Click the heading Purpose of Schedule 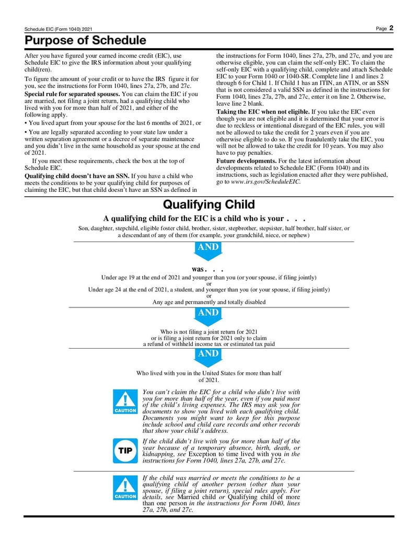(x=85, y=40)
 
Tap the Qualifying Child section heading (x=209, y=204)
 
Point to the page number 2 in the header (x=391, y=28)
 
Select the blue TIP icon (x=125, y=451)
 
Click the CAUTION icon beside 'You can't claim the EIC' (x=125, y=402)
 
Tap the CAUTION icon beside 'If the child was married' (x=125, y=489)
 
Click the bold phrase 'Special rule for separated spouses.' (x=72, y=94)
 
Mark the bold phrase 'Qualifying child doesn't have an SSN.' (x=77, y=176)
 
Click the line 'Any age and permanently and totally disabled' (x=209, y=302)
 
